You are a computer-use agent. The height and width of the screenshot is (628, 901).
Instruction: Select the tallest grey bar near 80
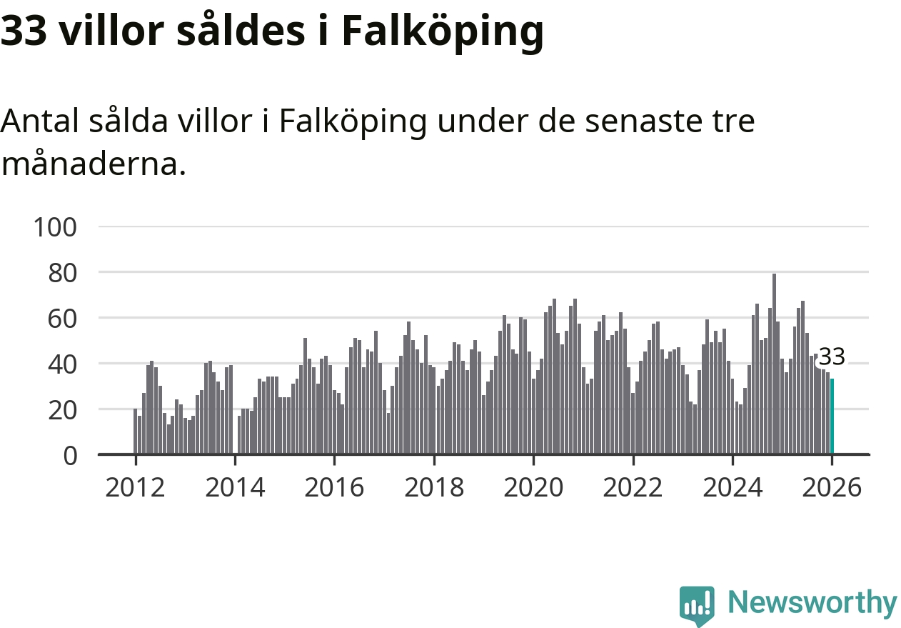click(x=774, y=364)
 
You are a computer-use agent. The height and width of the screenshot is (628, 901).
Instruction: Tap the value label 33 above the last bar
click(x=832, y=356)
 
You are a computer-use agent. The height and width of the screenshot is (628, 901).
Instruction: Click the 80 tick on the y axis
click(x=62, y=272)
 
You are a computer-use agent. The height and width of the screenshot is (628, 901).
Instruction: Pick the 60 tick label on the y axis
click(x=62, y=318)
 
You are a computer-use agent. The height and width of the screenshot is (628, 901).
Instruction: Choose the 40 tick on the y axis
click(x=62, y=364)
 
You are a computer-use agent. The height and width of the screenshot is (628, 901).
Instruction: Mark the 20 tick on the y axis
click(x=62, y=409)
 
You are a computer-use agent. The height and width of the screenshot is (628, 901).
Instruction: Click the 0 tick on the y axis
click(x=70, y=455)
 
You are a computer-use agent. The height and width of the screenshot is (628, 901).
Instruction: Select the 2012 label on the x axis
click(x=135, y=488)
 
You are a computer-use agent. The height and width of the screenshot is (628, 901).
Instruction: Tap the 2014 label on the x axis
click(x=235, y=488)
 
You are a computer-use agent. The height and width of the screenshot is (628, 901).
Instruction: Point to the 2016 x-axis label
click(x=334, y=488)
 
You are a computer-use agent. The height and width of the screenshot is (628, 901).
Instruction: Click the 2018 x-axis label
click(x=434, y=488)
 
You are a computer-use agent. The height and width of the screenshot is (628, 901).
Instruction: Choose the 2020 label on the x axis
click(x=533, y=488)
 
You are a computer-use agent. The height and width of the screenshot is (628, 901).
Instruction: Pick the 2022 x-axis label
click(x=633, y=488)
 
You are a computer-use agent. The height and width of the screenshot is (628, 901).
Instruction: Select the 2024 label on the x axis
click(x=733, y=488)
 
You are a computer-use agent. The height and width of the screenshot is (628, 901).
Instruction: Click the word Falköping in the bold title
click(x=443, y=31)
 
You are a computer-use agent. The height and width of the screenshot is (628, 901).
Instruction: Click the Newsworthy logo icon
click(x=697, y=605)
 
